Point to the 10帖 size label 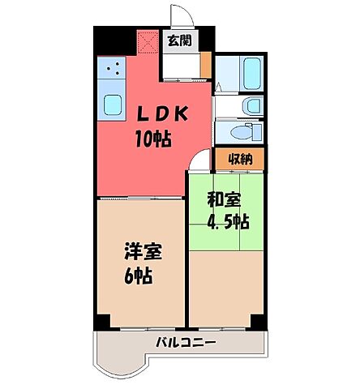[x=152, y=139]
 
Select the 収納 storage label [x=238, y=159]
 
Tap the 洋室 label [x=143, y=250]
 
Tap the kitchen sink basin [x=110, y=104]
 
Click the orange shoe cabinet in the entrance [x=206, y=63]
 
